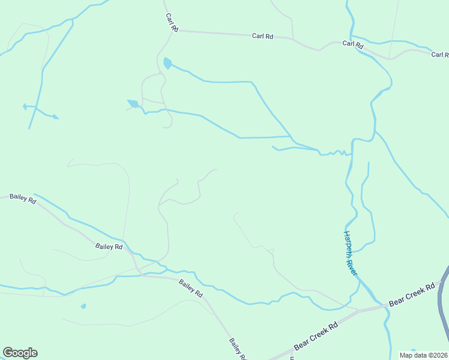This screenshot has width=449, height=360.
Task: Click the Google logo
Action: [20, 353]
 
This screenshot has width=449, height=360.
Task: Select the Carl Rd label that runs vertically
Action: [172, 23]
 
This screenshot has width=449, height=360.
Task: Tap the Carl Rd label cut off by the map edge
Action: [440, 55]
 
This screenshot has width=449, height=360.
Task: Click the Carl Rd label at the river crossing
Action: [353, 44]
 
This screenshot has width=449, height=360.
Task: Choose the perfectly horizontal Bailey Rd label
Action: [109, 247]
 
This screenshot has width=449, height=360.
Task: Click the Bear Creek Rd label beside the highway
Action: [411, 296]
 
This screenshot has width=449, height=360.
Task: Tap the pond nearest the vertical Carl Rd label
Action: [167, 62]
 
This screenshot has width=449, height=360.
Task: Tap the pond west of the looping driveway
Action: [133, 103]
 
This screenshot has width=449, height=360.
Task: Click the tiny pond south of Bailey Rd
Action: [83, 306]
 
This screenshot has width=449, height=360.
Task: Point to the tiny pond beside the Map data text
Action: [412, 350]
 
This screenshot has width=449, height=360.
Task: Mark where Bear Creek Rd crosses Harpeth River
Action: [382, 305]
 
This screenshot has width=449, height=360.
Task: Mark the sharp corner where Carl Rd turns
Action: [176, 31]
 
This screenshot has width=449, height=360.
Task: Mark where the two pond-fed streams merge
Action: [292, 137]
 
